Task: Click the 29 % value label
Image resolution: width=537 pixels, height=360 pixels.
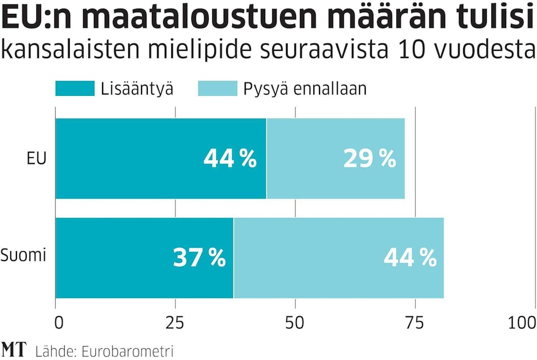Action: (369, 159)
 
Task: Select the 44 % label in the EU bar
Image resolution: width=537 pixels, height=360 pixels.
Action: (230, 159)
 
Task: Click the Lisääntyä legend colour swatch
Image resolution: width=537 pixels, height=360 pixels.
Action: (75, 89)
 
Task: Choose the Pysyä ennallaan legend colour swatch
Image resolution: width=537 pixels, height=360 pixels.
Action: (217, 89)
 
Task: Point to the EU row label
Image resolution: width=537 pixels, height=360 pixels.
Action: (37, 158)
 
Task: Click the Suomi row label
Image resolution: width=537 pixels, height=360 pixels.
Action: (24, 254)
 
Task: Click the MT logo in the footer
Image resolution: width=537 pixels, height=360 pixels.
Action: (14, 350)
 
